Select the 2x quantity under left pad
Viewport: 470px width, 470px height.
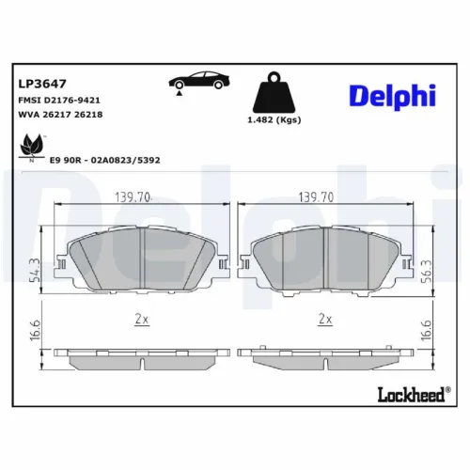point(141,320)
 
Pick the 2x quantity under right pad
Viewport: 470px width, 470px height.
point(326,320)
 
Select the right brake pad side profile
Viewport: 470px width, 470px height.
point(326,358)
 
